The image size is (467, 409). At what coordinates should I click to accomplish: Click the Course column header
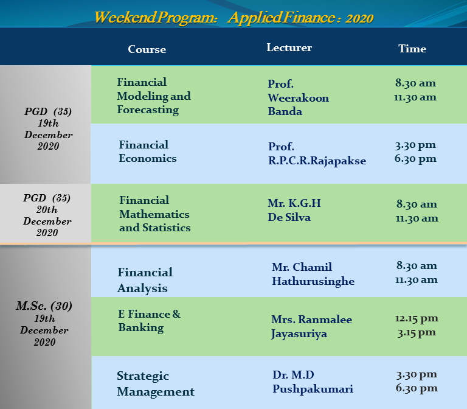pyautogui.click(x=147, y=49)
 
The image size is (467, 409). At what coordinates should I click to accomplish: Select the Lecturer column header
pyautogui.click(x=289, y=47)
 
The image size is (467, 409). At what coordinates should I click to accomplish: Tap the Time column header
pyautogui.click(x=412, y=49)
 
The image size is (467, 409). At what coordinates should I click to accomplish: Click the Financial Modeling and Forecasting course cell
pyautogui.click(x=154, y=96)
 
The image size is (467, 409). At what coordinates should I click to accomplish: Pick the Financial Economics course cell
pyautogui.click(x=148, y=152)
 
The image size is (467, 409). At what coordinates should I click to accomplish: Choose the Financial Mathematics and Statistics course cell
pyautogui.click(x=155, y=214)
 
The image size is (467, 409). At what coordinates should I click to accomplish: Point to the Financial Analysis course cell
pyautogui.click(x=145, y=280)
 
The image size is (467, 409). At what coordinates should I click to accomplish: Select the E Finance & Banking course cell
pyautogui.click(x=149, y=321)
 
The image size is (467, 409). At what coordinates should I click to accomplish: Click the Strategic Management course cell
pyautogui.click(x=156, y=383)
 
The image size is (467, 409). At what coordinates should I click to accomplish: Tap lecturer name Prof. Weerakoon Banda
pyautogui.click(x=298, y=97)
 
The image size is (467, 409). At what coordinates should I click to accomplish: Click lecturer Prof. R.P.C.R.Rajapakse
pyautogui.click(x=317, y=154)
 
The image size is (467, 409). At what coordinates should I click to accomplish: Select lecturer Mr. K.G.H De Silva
pyautogui.click(x=294, y=210)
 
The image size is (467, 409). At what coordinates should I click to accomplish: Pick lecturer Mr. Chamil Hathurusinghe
pyautogui.click(x=313, y=274)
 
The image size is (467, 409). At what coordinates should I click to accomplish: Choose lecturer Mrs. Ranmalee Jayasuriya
pyautogui.click(x=311, y=327)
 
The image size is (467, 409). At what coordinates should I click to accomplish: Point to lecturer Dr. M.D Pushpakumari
pyautogui.click(x=313, y=382)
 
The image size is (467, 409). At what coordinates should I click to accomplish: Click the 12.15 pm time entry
pyautogui.click(x=417, y=318)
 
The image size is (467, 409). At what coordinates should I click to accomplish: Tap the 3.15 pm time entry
pyautogui.click(x=417, y=332)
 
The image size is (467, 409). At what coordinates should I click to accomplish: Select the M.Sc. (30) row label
pyautogui.click(x=44, y=306)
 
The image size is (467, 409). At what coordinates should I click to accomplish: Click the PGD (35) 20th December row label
pyautogui.click(x=47, y=215)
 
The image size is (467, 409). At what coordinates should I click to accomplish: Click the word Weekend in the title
pyautogui.click(x=125, y=17)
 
